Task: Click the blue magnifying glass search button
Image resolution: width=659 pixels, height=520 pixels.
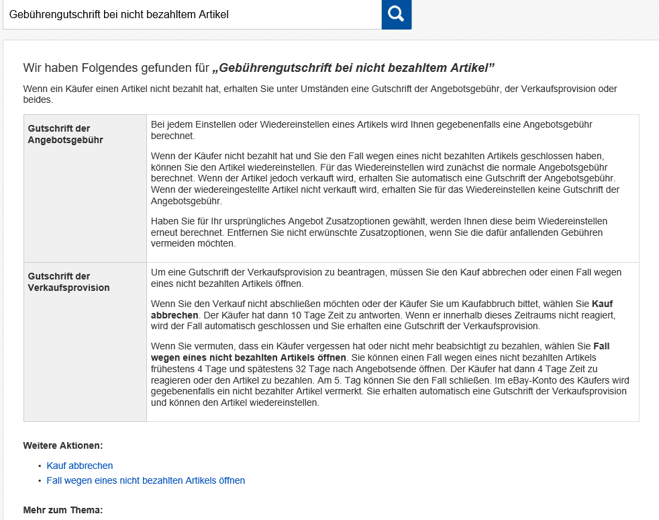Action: tap(396, 14)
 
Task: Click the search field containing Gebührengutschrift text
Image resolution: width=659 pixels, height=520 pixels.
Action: tap(191, 14)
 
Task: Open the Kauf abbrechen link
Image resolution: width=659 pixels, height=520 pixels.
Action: tap(80, 466)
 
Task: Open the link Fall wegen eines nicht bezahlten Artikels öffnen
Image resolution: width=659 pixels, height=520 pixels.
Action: tap(146, 480)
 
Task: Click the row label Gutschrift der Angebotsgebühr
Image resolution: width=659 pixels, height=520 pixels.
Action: tap(65, 134)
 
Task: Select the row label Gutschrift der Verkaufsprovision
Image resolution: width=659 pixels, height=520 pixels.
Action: tap(68, 281)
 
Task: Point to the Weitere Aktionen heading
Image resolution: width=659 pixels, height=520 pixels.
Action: tap(63, 445)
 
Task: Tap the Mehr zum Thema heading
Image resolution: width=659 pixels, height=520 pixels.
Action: tap(63, 510)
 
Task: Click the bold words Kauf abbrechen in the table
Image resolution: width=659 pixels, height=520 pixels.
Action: tap(382, 309)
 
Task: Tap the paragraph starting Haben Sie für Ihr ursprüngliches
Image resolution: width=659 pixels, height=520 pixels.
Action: tap(379, 232)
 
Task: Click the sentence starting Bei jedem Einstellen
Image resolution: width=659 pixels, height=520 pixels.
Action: tap(371, 130)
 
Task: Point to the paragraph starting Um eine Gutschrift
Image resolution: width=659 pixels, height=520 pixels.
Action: tap(386, 277)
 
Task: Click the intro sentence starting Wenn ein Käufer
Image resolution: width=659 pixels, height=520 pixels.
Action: tap(320, 94)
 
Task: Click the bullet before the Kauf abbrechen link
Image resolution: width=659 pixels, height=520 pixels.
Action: tap(40, 466)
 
